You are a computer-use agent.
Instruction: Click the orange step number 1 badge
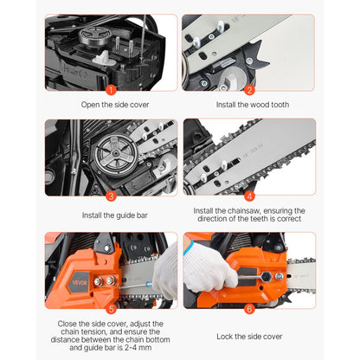click(110, 88)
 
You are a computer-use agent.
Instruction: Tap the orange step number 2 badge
click(249, 88)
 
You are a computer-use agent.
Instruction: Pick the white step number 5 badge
click(110, 307)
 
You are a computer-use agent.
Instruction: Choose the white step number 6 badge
click(249, 307)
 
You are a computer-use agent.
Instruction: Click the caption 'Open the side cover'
click(110, 106)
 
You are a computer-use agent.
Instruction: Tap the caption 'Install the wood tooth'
click(249, 106)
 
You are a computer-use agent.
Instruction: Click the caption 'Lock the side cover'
click(249, 335)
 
